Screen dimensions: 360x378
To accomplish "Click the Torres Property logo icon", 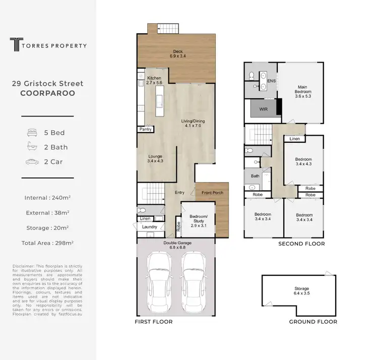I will pos(15,45).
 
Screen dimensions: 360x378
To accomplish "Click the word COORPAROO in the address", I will pos(48,93).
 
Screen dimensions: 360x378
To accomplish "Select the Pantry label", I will pos(146,129).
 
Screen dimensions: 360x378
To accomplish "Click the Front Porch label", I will pos(212,193).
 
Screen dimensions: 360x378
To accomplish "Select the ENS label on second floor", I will pos(271,81).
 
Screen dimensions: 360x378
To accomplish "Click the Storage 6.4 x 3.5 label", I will pos(301,291).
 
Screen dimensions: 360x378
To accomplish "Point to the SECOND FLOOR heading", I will pos(301,244).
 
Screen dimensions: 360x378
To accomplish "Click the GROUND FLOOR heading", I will pos(312,322).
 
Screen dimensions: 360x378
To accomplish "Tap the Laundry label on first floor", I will pos(150,227).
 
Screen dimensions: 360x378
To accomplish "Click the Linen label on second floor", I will pos(295,139).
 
